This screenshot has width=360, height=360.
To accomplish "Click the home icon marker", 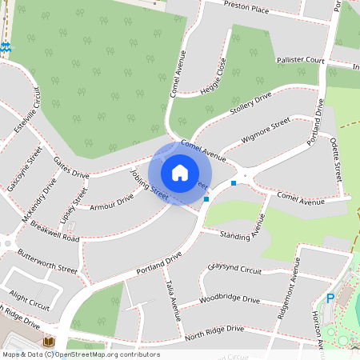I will coord(180,173).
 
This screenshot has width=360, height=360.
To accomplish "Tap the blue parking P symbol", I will coord(330,298).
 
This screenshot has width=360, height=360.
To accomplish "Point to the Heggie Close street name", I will coord(214,77).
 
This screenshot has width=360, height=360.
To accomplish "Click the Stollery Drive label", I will coord(251,104).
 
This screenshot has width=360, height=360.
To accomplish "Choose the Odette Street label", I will coord(337,157).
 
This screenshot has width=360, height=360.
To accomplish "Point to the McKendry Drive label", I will coord(42,199).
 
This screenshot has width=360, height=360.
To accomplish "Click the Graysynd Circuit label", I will coord(234,269).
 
